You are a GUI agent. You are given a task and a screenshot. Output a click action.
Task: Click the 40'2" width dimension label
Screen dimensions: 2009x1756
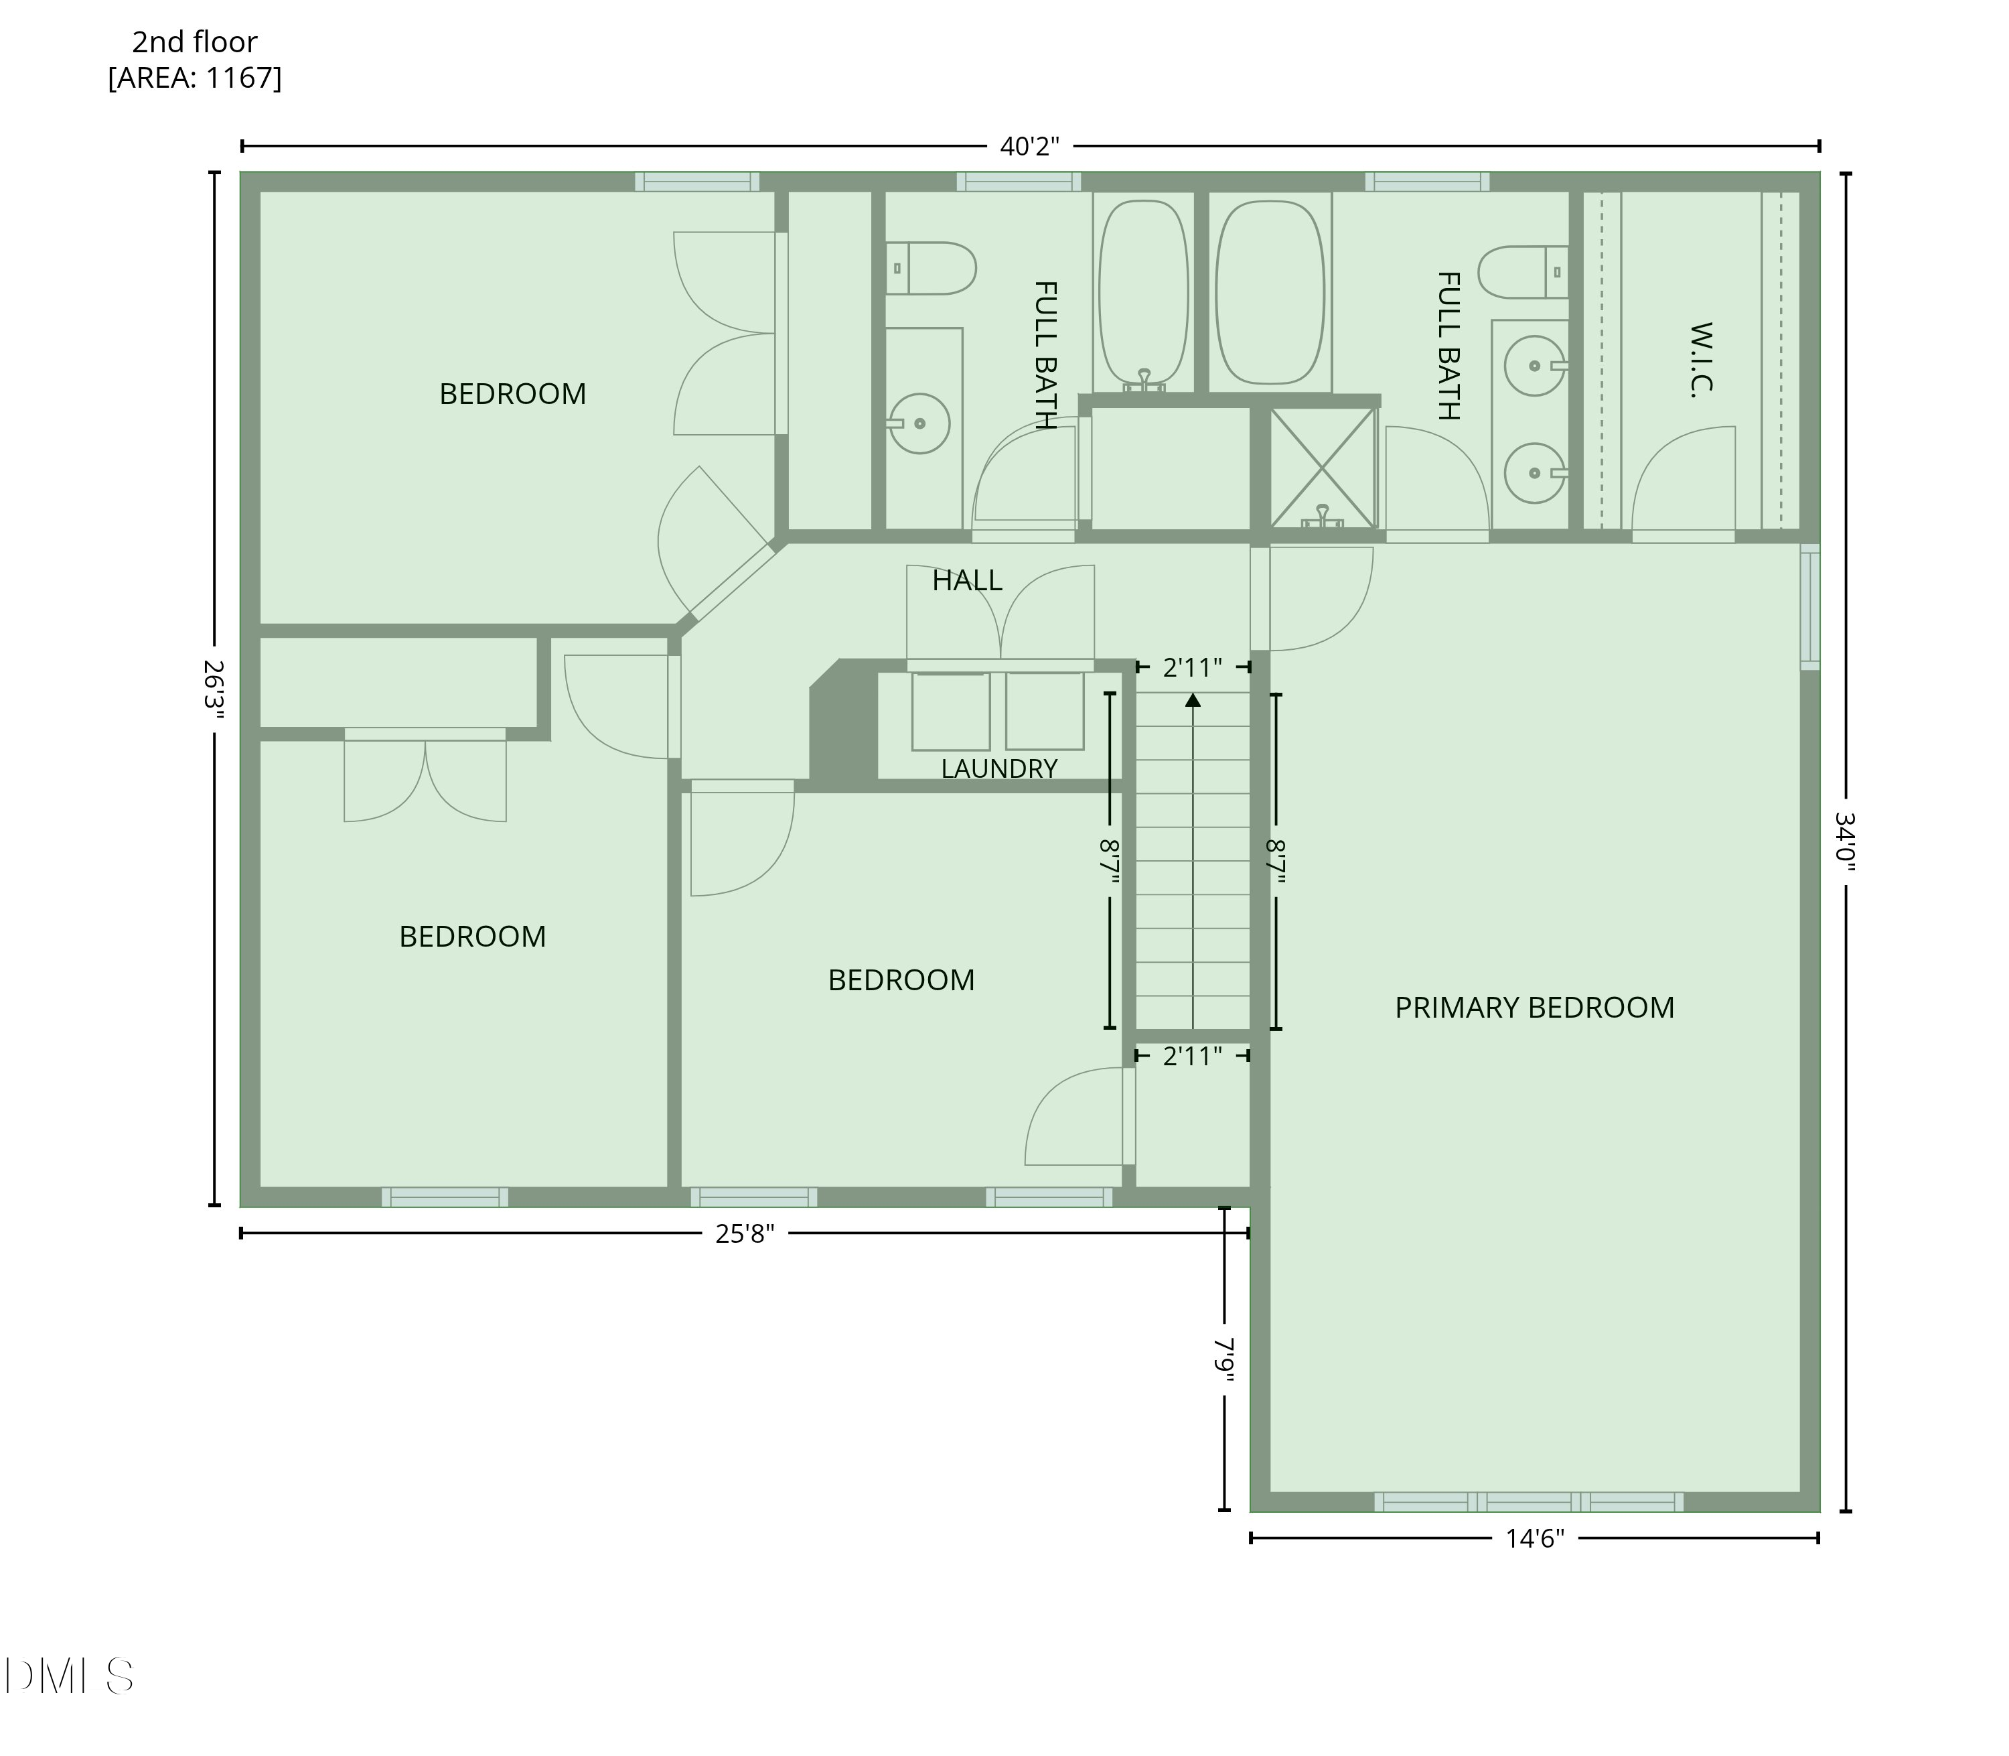tap(1029, 147)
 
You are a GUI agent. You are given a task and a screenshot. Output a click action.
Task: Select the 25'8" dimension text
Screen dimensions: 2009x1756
tap(745, 1233)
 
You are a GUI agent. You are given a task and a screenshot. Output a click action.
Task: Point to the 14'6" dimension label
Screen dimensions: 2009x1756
tap(1535, 1538)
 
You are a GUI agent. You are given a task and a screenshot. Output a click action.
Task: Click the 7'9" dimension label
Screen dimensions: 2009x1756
tap(1224, 1360)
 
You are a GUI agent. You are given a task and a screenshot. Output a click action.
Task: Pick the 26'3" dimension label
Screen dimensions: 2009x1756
tap(214, 690)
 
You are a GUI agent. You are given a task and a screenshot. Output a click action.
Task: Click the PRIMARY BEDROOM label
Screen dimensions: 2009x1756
tap(1534, 1008)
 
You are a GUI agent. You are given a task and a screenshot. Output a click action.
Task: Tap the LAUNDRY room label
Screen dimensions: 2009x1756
tap(999, 769)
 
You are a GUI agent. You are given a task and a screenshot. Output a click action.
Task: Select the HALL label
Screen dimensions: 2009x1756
tap(967, 581)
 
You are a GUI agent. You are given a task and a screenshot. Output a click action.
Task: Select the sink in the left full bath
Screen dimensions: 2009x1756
tap(919, 423)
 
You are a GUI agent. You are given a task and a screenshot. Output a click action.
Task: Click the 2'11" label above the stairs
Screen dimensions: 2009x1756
tap(1192, 667)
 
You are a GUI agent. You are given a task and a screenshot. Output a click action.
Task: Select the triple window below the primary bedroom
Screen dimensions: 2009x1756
tap(1529, 1501)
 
